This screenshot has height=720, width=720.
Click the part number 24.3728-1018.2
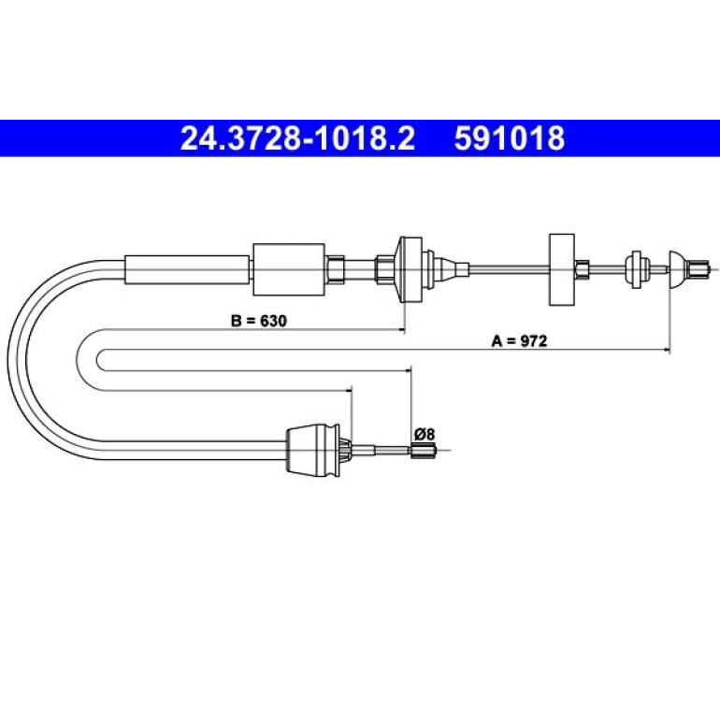[x=297, y=138]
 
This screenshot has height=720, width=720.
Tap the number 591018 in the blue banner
[x=510, y=138]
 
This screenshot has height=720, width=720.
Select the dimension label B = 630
[x=258, y=321]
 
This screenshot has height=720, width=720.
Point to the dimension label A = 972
[x=519, y=340]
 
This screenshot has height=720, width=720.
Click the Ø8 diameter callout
[x=425, y=434]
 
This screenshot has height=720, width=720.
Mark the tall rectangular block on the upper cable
[x=562, y=269]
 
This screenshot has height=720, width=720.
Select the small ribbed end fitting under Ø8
[x=423, y=451]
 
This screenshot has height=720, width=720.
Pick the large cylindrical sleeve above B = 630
[x=289, y=269]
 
